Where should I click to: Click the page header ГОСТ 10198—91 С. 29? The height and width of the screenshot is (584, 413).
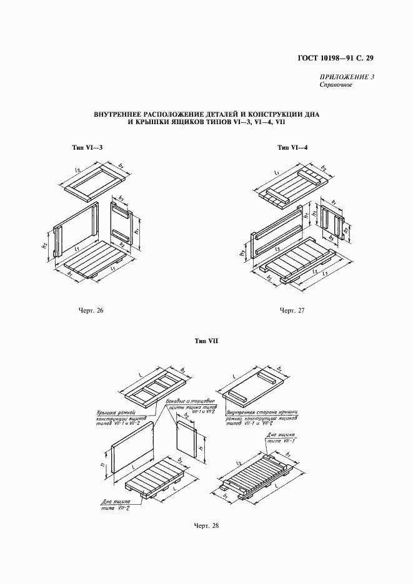[334, 59]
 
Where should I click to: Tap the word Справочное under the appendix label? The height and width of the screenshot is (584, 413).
[336, 85]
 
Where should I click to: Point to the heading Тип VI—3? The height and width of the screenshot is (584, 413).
[86, 148]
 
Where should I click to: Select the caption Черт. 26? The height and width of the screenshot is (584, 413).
[91, 310]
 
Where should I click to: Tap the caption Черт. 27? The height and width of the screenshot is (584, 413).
[291, 310]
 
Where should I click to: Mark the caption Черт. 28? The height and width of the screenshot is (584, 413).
[206, 525]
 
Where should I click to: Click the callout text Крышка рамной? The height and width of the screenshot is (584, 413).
[117, 412]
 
